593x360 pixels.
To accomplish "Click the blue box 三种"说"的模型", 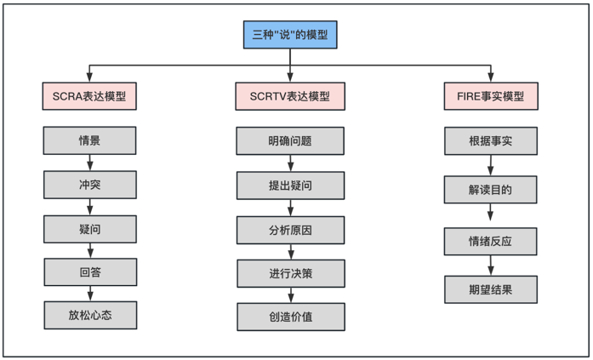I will [x=290, y=35].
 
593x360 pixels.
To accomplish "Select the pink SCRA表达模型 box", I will [x=89, y=96].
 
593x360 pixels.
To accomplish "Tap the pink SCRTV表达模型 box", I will [x=290, y=96].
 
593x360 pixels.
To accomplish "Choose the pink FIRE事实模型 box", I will [x=491, y=96].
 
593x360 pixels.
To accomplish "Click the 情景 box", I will [x=89, y=140].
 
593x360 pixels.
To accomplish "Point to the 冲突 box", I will [x=89, y=184].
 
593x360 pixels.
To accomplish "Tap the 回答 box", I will [x=89, y=271].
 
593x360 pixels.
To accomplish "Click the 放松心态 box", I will [x=89, y=315].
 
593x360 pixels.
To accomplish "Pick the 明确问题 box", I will [x=290, y=140].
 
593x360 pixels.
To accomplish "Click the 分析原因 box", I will [x=290, y=229].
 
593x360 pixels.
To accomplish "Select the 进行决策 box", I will [x=290, y=273].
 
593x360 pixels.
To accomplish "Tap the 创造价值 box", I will [x=290, y=317].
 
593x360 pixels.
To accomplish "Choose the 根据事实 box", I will [x=491, y=140].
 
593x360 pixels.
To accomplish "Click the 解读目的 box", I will [x=491, y=190].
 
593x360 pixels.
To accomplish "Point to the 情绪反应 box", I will [x=491, y=240].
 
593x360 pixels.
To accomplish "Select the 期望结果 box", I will [x=491, y=289].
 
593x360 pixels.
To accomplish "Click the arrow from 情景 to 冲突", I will [x=89, y=163].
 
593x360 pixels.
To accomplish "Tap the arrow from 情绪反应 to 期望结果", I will [x=491, y=265].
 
